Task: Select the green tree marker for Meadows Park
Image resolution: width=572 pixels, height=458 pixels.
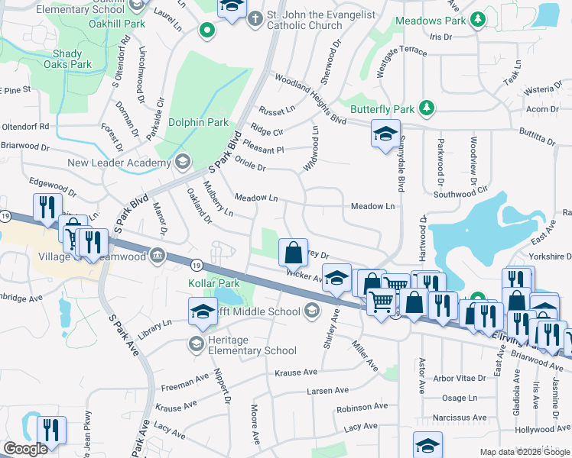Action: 477,18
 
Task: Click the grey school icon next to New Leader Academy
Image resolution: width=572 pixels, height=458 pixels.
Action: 182,162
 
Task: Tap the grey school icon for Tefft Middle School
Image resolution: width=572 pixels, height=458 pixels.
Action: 310,311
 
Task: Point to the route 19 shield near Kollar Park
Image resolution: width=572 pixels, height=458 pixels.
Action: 197,265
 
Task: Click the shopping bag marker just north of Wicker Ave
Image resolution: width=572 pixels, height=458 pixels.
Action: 293,251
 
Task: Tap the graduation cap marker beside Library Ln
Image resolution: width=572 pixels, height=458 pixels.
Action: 203,311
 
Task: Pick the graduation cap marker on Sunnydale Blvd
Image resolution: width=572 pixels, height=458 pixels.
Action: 385,135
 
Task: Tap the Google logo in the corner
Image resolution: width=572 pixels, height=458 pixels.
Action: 25,449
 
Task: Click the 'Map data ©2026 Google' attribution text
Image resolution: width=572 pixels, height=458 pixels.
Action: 524,452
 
